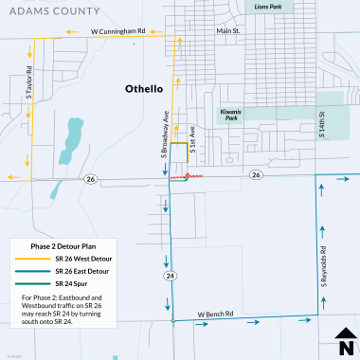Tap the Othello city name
(x=145, y=88)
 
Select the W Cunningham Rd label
(x=117, y=30)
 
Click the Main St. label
(x=230, y=30)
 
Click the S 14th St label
(x=322, y=124)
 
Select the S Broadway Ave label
(x=164, y=134)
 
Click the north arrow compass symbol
(x=345, y=336)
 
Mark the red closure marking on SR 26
(x=193, y=176)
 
